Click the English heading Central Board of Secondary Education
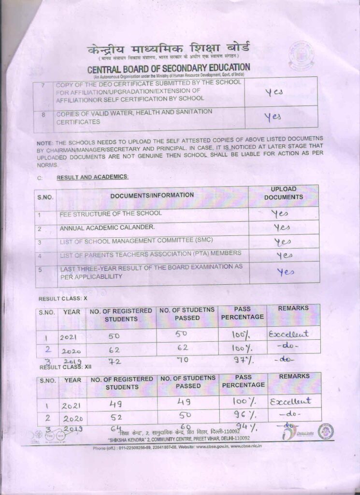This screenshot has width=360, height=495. coord(169,68)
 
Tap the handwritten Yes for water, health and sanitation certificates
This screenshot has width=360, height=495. coord(273,117)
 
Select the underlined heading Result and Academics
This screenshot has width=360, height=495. coord(93,177)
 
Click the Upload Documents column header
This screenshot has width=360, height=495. coord(284,193)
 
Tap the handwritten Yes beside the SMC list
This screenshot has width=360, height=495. coord(283,241)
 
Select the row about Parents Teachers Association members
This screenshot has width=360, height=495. coord(150,254)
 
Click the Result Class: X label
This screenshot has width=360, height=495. coord(63,298)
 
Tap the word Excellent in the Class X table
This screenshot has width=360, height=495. coord(288,334)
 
